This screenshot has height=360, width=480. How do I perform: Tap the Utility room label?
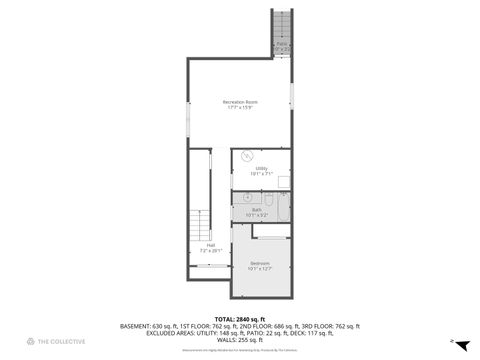(x=260, y=168)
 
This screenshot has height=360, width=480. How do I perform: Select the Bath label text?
(x=256, y=209)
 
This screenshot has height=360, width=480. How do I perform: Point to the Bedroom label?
(x=260, y=263)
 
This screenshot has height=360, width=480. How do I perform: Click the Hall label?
(x=210, y=244)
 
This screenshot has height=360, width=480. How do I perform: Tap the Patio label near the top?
(x=282, y=44)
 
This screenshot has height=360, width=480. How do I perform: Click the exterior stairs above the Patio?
(x=281, y=22)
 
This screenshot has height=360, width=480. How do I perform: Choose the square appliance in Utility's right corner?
(x=284, y=181)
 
